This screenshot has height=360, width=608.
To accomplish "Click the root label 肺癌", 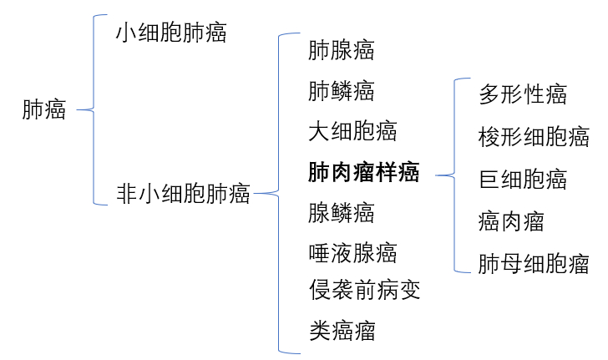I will click(x=43, y=110).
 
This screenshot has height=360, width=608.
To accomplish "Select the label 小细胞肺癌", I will click(x=171, y=33).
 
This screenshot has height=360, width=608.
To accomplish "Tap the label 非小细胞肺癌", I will click(x=183, y=194).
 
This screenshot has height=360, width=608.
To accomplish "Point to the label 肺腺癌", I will click(x=341, y=50).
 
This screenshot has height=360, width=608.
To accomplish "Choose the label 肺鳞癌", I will click(x=341, y=90).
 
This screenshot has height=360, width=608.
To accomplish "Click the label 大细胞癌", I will click(x=352, y=131).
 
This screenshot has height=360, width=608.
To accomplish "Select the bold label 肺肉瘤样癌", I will click(x=363, y=173).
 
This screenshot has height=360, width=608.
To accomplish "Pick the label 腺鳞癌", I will click(x=341, y=212).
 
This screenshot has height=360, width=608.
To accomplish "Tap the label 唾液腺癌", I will click(x=352, y=252).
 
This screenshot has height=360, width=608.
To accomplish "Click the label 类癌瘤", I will click(x=341, y=331).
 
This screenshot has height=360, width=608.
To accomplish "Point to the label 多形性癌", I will click(x=523, y=94).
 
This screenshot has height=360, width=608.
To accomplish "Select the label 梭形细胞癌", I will click(x=534, y=136).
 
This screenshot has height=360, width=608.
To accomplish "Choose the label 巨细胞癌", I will click(x=523, y=179).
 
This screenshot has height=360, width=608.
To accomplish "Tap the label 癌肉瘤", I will click(x=511, y=221).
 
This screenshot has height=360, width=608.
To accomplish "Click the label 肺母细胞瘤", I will click(x=534, y=265).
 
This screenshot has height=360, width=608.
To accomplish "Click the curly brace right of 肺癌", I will click(x=93, y=109).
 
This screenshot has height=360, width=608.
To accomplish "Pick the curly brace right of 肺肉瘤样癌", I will click(x=454, y=175).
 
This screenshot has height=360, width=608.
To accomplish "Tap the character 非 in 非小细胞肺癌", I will click(x=127, y=194).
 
